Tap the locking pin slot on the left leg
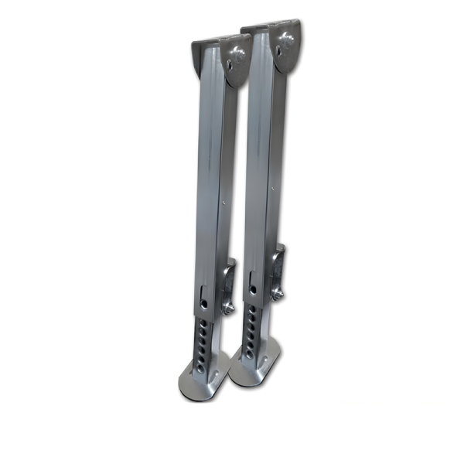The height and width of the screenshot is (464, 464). coord(203,295)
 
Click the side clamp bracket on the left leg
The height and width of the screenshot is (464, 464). coord(229,282)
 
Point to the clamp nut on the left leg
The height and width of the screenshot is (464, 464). coord(229,307)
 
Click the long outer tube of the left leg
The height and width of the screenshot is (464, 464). coord(210,178)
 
